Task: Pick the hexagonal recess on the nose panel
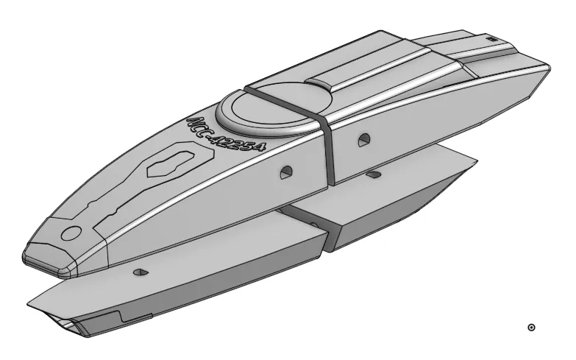171,161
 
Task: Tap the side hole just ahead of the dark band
286,172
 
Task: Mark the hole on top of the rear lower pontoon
375,175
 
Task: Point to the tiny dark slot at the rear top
491,37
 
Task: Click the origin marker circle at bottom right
532,327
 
